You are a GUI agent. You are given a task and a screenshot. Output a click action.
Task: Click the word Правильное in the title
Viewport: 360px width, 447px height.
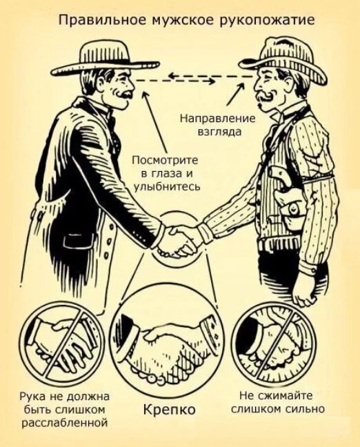(101, 21)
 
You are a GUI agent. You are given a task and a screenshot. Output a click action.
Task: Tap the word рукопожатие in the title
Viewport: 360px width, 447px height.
(267, 21)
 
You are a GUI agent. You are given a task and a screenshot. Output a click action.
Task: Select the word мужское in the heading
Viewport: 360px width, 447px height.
(181, 21)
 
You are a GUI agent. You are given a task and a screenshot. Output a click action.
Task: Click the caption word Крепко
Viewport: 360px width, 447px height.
(169, 409)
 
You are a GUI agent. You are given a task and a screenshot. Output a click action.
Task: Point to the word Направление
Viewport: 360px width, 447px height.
(217, 118)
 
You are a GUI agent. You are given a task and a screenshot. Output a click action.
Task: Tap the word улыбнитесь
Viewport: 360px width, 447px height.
(167, 187)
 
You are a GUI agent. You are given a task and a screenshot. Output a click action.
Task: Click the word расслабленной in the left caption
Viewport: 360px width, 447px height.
(66, 423)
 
